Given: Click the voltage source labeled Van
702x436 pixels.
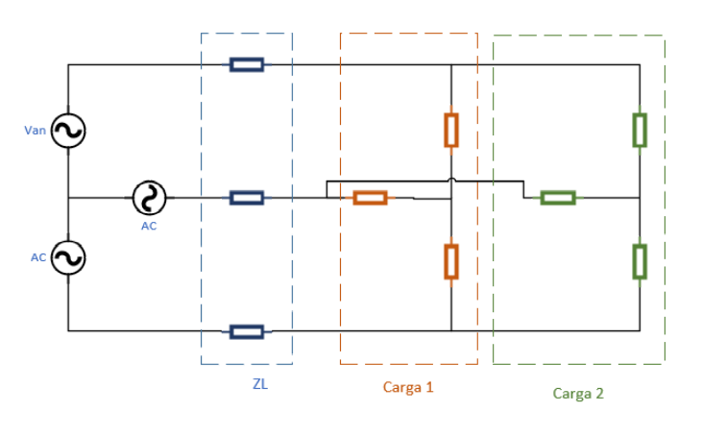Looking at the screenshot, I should [x=68, y=131].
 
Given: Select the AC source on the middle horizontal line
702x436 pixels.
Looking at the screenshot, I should [x=149, y=198].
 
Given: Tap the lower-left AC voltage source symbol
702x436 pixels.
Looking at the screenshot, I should [x=68, y=257].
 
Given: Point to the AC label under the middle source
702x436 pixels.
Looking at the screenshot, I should [x=149, y=226].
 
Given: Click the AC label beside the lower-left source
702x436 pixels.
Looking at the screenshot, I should [x=38, y=257].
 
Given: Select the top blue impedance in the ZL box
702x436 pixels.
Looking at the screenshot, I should [x=247, y=64].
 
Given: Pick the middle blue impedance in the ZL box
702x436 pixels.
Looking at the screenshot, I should [x=247, y=198].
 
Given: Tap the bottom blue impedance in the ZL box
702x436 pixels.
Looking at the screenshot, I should [x=247, y=331].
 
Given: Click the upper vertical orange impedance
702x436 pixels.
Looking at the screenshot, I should [x=451, y=130].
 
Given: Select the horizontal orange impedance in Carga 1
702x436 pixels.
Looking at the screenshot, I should [x=370, y=198].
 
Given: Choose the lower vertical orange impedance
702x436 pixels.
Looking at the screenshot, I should [x=451, y=261].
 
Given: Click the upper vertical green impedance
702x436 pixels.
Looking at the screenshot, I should [x=640, y=130].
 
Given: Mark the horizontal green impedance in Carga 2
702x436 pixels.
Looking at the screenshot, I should [x=558, y=198].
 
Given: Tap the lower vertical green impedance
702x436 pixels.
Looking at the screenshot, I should [x=640, y=261].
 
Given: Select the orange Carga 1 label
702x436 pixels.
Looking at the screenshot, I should [x=408, y=388].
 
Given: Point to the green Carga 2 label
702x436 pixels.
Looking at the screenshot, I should [x=578, y=393].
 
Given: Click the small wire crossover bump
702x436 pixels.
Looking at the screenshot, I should [x=451, y=180].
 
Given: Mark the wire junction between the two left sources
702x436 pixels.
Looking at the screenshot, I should [x=68, y=198].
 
